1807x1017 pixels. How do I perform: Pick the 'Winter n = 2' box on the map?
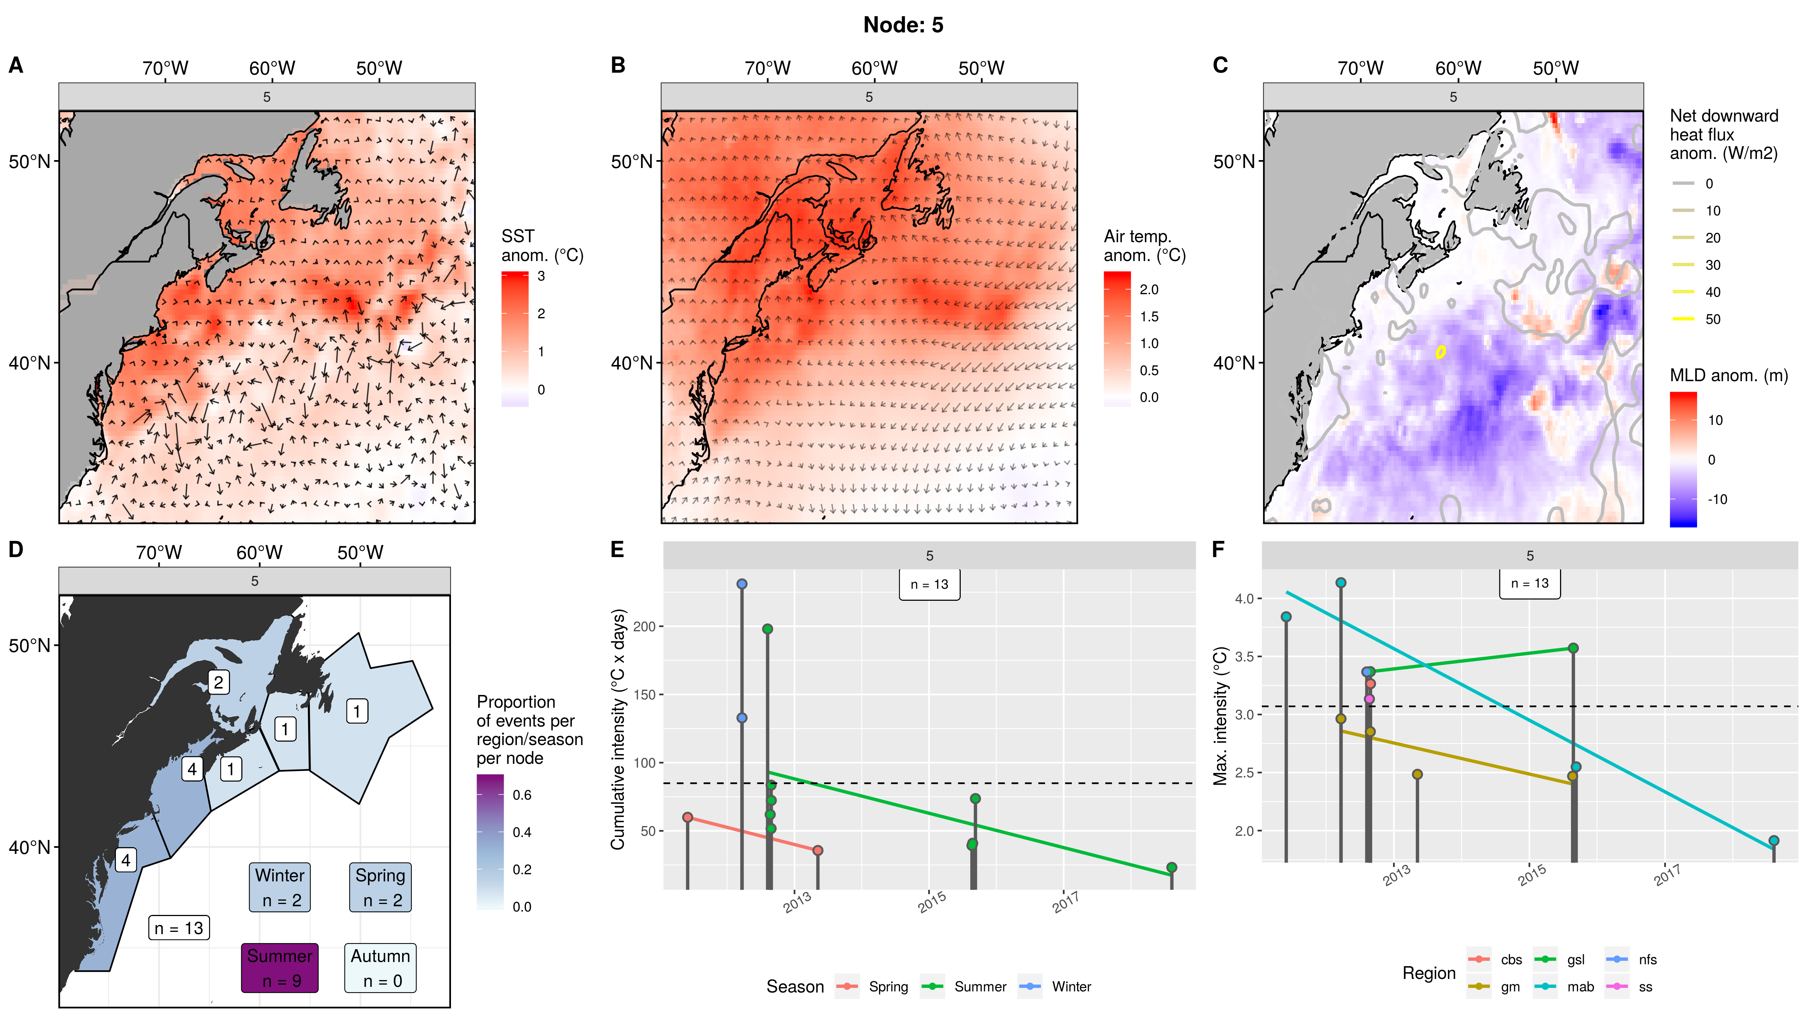(280, 887)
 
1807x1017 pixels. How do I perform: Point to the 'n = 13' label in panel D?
(179, 928)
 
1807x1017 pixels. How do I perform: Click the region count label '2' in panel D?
(218, 681)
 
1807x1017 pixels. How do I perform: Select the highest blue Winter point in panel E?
(742, 584)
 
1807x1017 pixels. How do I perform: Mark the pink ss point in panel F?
(1368, 699)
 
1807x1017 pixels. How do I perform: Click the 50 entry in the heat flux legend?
(1712, 319)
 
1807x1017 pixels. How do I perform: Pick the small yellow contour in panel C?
(1440, 352)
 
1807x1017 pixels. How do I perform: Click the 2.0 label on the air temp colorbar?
(1148, 289)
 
